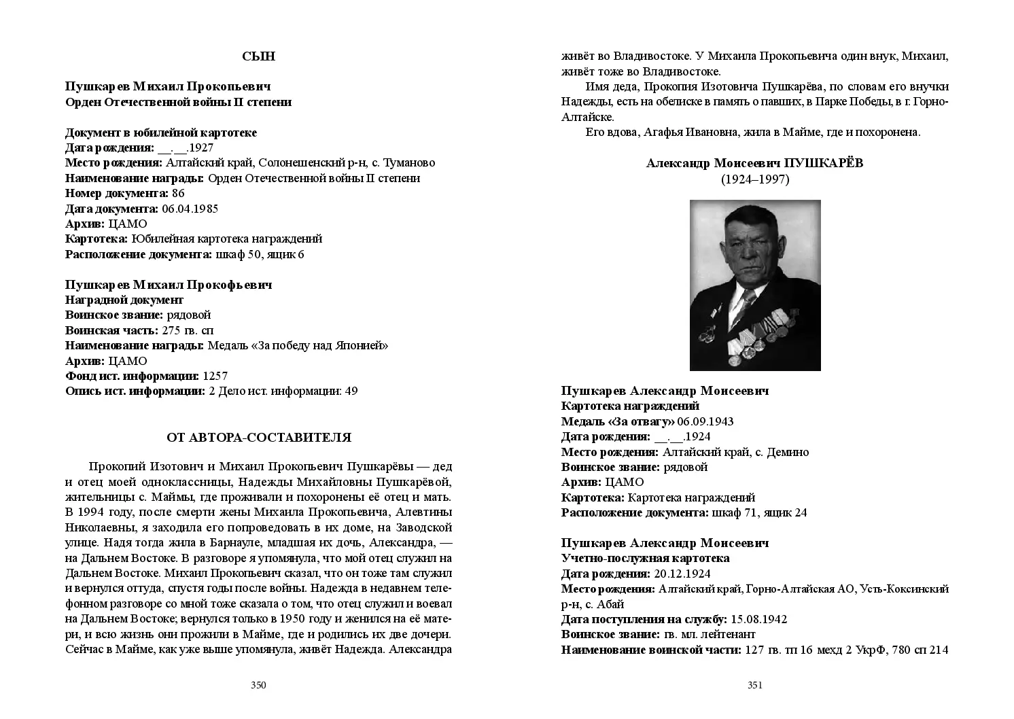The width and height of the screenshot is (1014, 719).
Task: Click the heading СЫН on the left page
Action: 258,56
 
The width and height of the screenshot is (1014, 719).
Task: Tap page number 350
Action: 258,685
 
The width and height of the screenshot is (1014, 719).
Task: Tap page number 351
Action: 755,685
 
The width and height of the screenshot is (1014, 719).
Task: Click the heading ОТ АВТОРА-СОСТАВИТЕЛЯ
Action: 258,438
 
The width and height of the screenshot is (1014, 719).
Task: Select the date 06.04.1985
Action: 190,209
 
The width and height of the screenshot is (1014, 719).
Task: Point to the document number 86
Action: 178,194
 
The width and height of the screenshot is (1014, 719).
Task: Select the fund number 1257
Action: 215,376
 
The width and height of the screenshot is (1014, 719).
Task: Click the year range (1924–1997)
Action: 755,179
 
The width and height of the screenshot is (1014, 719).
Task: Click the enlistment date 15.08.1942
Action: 758,619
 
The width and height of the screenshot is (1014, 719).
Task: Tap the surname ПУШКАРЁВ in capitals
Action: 823,163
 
